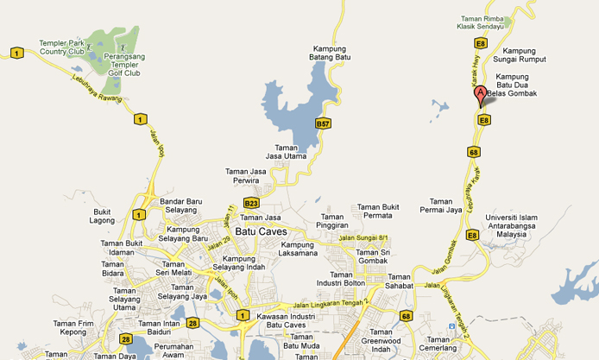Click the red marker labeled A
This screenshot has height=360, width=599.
(481, 95)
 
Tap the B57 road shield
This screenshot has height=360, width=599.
(322, 124)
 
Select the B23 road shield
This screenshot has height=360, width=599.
(251, 203)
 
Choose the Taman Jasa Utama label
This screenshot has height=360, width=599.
(291, 152)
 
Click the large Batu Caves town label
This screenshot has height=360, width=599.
(261, 231)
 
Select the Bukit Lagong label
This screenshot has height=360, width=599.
(102, 216)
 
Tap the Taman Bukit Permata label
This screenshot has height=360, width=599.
(378, 212)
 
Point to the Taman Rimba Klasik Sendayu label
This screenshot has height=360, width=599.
(484, 22)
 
